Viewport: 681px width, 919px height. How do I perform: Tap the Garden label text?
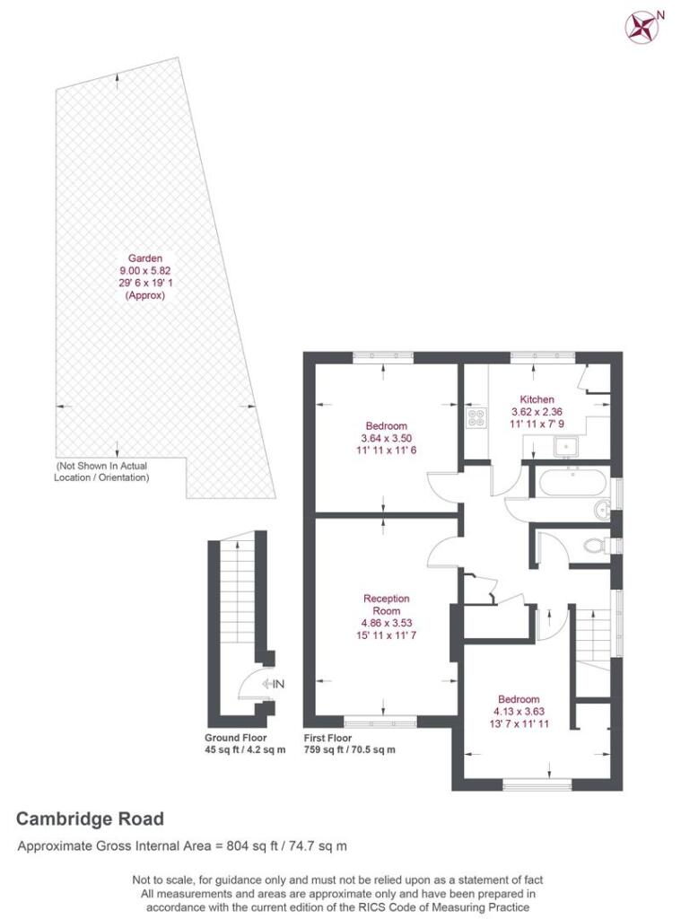[145, 258]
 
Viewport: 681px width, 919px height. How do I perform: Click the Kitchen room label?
[537, 399]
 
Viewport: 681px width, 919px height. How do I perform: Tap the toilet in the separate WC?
[594, 545]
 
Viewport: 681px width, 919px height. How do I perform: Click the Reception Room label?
[386, 604]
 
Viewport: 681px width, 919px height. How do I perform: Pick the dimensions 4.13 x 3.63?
[519, 710]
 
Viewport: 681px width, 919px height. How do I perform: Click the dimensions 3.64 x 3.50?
[386, 438]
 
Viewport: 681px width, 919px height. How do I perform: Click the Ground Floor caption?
[235, 738]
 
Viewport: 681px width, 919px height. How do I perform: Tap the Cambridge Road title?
[90, 818]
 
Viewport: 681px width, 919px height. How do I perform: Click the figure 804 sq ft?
[243, 845]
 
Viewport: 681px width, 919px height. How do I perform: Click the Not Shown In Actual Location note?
[101, 472]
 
